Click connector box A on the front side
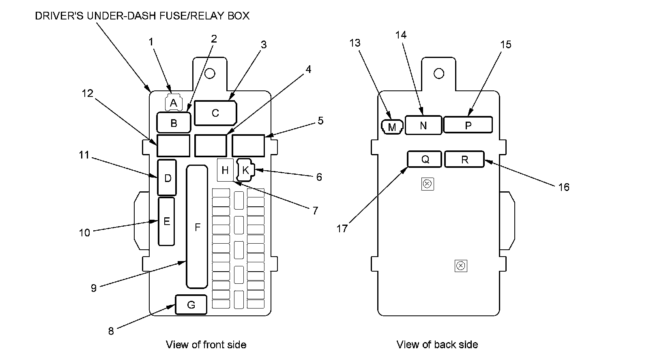click(173, 103)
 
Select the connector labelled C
click(215, 113)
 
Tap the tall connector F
click(197, 227)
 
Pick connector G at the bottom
click(191, 305)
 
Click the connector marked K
click(245, 170)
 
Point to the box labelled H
click(225, 170)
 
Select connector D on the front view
click(167, 178)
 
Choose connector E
click(166, 221)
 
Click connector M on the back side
click(392, 127)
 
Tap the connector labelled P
click(468, 125)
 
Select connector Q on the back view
click(425, 159)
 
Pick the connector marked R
click(464, 159)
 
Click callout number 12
click(87, 94)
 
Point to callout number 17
click(342, 229)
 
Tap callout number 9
click(94, 288)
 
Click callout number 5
click(320, 121)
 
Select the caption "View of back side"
click(437, 345)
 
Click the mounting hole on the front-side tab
click(210, 73)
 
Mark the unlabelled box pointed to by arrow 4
click(211, 146)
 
